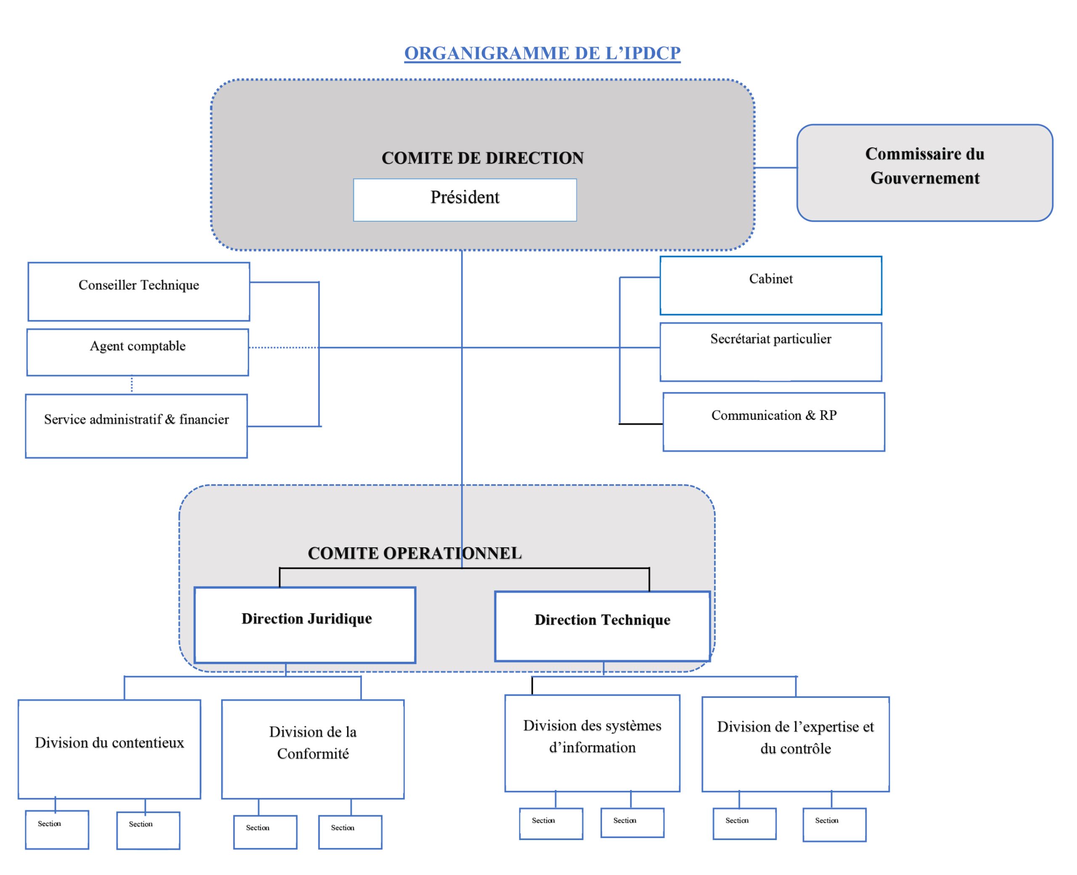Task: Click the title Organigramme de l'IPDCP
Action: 542,53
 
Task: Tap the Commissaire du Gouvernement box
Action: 924,172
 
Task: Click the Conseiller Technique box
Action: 138,292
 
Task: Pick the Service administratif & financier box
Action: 136,426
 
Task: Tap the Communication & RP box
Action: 773,422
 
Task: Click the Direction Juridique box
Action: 305,625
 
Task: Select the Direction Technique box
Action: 602,626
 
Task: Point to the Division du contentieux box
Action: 109,748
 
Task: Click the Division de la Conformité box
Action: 313,748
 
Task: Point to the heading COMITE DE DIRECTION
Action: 482,158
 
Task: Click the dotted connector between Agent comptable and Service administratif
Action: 132,384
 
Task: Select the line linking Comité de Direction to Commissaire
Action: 775,167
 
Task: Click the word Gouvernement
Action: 924,178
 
